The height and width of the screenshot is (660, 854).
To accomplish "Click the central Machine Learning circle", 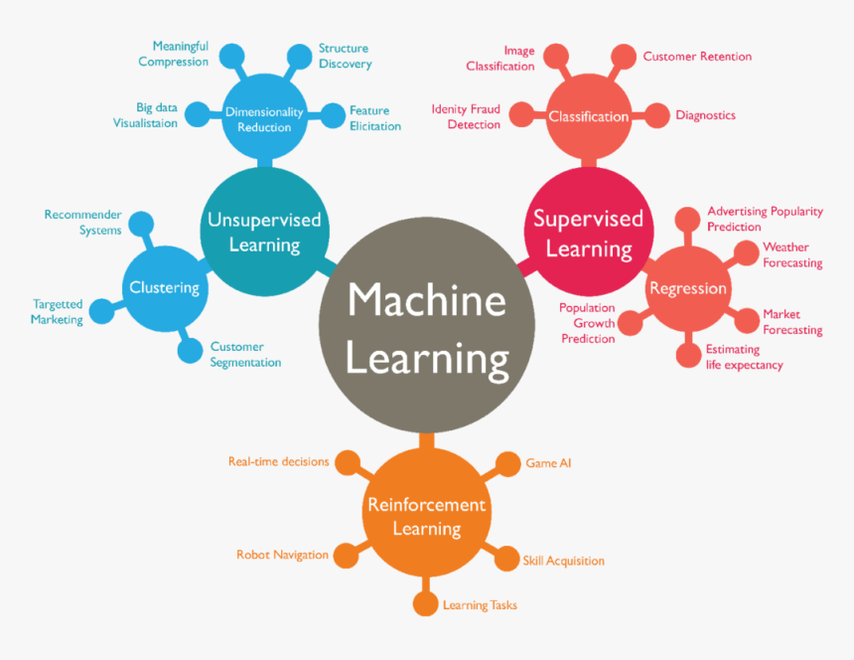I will coord(427,328).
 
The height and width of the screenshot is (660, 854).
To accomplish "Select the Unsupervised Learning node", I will coord(264,231).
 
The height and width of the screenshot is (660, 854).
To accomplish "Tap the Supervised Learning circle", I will coord(588,231).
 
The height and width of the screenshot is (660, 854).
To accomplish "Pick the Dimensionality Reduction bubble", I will coord(264,118).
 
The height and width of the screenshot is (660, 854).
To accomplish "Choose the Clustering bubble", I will coord(164,288).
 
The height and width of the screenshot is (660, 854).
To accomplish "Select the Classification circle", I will coord(589,116).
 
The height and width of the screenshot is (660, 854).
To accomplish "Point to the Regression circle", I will coord(687,288).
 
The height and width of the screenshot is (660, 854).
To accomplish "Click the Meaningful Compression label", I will coord(174,54).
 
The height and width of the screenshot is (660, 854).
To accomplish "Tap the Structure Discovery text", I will coord(345,56).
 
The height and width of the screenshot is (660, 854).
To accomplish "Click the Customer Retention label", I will coord(697,57).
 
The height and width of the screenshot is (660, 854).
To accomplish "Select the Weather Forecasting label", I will coord(791,254).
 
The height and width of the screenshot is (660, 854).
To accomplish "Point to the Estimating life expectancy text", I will coord(744,357).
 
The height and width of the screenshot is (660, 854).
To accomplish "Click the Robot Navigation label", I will coord(282,555).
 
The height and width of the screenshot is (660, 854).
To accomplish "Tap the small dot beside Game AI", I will coord(508,463).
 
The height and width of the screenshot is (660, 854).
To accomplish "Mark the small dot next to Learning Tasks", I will coord(426,604).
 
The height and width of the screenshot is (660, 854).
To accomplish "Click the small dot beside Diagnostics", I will coord(657,115).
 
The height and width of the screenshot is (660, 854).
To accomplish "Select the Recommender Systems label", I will coord(83,222).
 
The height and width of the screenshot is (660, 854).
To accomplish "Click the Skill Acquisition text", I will coord(563,561).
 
